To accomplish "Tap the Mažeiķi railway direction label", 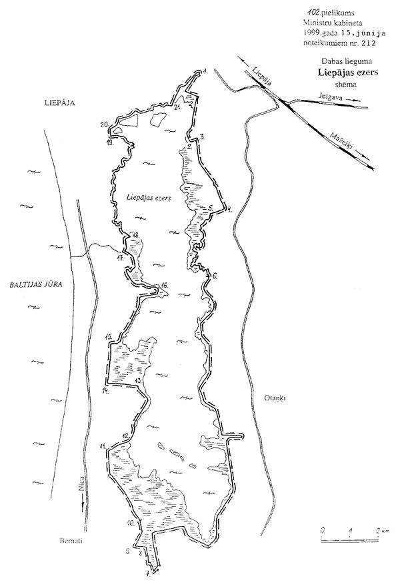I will pos(341,143).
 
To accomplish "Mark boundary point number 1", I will pos(207,70).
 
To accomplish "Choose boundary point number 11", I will pos(102,445).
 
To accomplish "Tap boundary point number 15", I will pos(108,338).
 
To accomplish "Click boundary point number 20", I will pos(104,124).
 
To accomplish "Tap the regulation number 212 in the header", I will pos(367,44).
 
